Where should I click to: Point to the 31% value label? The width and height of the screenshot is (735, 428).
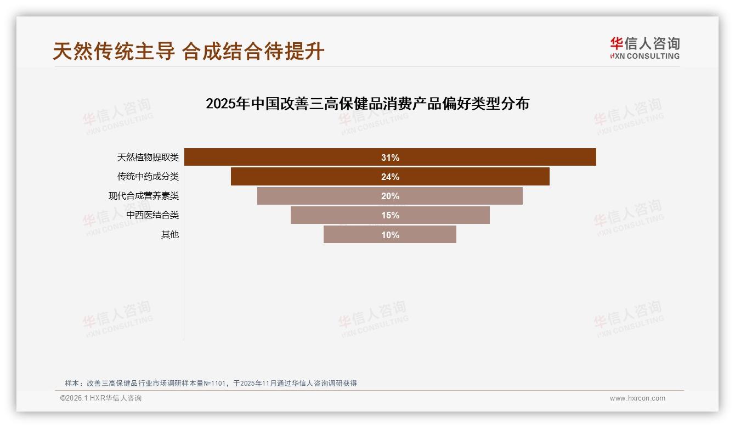[x=390, y=157]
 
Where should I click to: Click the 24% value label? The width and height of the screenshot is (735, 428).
[x=390, y=177]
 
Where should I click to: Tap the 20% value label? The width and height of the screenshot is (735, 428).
[x=390, y=196]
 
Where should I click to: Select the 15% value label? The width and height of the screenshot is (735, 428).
[x=390, y=215]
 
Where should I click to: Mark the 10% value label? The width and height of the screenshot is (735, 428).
[x=390, y=235]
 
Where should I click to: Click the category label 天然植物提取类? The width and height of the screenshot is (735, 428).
[x=148, y=157]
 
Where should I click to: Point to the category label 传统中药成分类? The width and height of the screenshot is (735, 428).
[x=148, y=177]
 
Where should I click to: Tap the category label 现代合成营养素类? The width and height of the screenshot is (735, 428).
[x=143, y=196]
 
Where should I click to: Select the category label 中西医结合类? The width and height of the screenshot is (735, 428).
[x=152, y=215]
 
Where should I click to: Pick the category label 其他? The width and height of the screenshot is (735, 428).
[x=169, y=235]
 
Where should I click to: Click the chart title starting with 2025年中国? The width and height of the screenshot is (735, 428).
[x=367, y=104]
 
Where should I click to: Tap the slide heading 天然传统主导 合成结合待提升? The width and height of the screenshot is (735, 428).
[x=189, y=52]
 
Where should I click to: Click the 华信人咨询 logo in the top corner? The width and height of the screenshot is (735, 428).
[x=644, y=48]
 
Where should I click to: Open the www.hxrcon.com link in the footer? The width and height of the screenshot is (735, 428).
[x=637, y=398]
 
